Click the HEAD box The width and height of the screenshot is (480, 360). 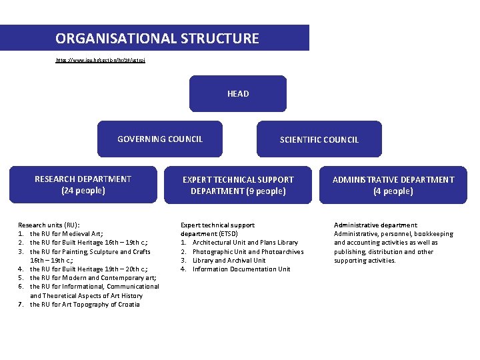[238, 93]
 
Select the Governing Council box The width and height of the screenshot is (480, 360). [160, 139]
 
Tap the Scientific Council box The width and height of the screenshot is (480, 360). [319, 139]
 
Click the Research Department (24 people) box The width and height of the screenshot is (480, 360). [83, 184]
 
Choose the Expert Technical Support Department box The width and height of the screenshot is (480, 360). [238, 185]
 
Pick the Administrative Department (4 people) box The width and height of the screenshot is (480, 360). [393, 185]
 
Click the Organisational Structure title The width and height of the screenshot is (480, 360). [157, 38]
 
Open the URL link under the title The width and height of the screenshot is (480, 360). [100, 60]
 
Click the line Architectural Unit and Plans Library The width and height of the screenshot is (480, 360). [245, 243]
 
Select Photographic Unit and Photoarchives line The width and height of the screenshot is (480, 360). [247, 251]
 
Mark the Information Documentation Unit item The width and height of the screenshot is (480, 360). [241, 269]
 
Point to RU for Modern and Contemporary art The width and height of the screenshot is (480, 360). [93, 277]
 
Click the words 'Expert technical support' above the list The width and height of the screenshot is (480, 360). [217, 225]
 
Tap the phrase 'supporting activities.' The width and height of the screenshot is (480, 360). [365, 260]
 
